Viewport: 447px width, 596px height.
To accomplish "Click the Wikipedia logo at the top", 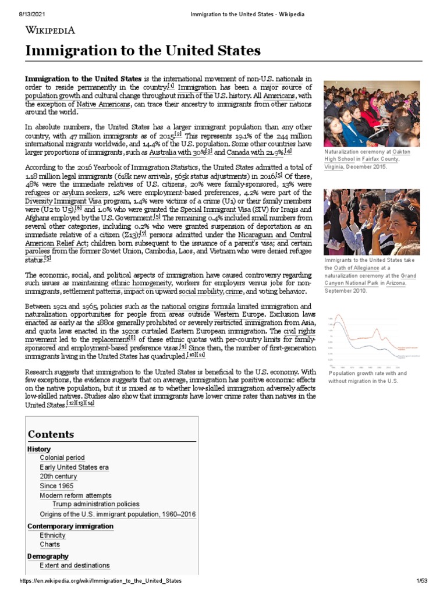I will pyautogui.click(x=49, y=31).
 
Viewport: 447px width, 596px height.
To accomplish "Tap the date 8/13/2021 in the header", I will pyautogui.click(x=24, y=13).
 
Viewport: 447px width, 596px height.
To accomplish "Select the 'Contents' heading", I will pyautogui.click(x=51, y=434).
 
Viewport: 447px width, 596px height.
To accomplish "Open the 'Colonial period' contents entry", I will pyautogui.click(x=62, y=458).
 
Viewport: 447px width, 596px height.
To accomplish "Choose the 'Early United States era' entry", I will pyautogui.click(x=74, y=467).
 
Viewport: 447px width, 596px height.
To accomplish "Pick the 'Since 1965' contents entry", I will pyautogui.click(x=56, y=486).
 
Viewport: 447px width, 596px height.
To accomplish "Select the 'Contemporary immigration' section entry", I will pyautogui.click(x=70, y=526).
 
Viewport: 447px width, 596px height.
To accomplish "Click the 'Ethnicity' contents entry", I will pyautogui.click(x=52, y=535).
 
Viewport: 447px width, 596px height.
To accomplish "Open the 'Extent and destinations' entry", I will pyautogui.click(x=74, y=565).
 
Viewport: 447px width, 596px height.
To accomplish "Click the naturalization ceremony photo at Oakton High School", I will pyautogui.click(x=371, y=113).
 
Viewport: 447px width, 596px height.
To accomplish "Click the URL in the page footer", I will pyautogui.click(x=100, y=581).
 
